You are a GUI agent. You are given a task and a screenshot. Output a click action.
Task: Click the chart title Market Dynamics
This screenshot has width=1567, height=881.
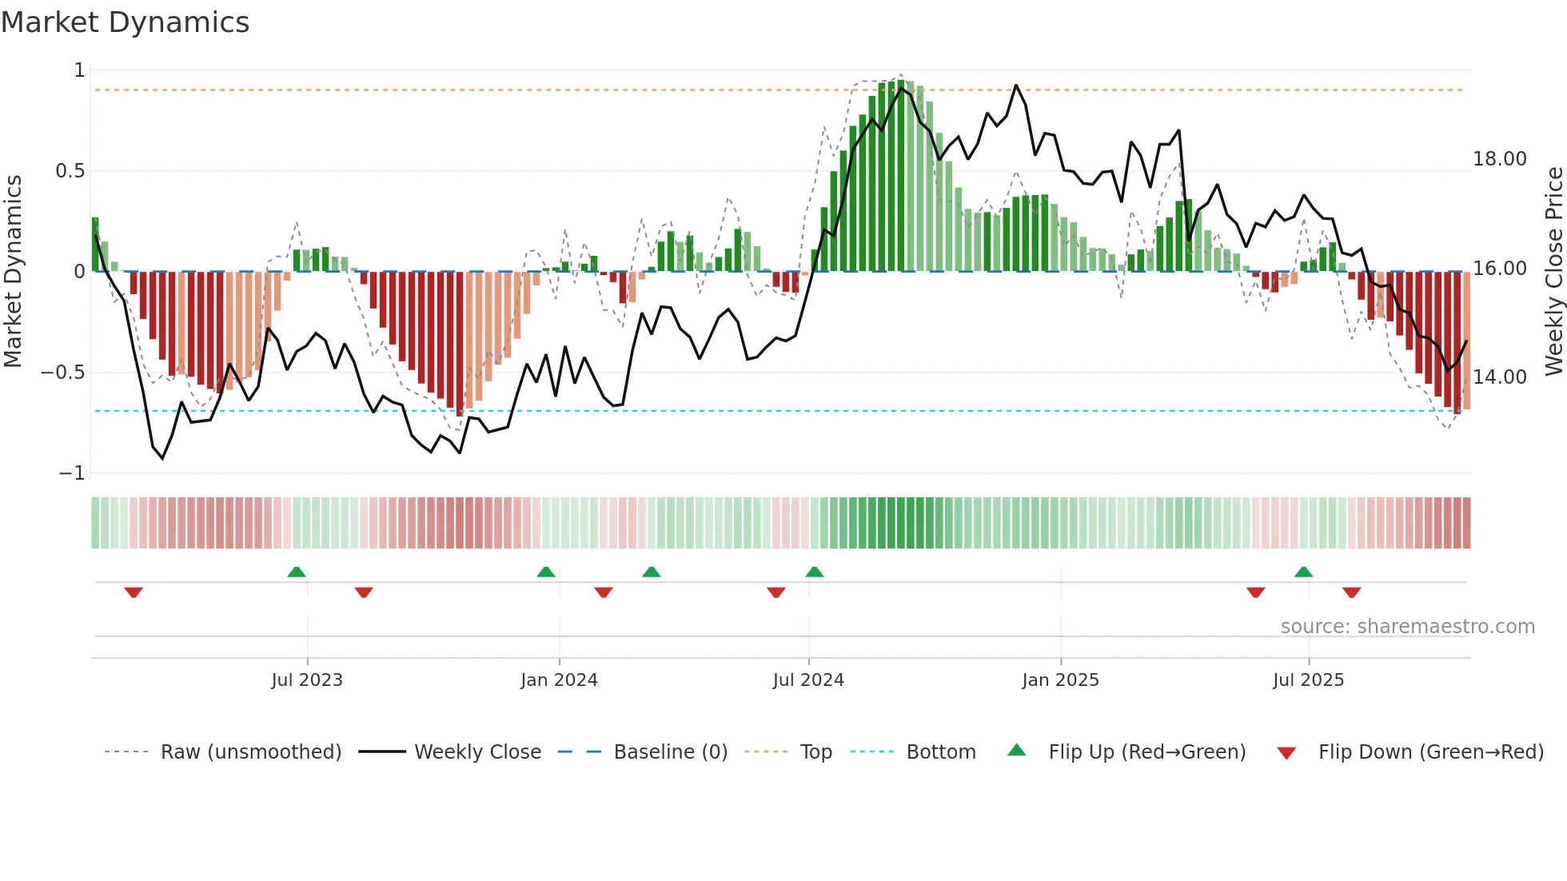click(x=125, y=22)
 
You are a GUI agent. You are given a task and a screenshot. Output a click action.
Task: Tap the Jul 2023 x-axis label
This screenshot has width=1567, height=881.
click(x=307, y=680)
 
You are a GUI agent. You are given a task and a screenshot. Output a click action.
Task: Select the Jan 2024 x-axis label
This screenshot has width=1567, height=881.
click(x=559, y=680)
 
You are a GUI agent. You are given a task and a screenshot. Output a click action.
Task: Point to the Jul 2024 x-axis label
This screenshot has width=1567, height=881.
click(x=808, y=680)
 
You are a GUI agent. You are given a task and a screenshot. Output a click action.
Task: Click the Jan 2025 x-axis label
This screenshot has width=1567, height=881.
click(x=1060, y=680)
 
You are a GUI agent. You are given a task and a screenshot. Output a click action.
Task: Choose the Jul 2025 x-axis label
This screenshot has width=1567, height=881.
click(x=1308, y=680)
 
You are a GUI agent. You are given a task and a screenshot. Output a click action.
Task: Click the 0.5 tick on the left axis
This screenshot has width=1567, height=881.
click(x=70, y=171)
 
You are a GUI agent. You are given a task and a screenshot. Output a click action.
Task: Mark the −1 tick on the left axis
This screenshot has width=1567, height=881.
click(x=71, y=473)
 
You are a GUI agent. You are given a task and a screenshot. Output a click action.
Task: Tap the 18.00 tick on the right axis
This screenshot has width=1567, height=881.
click(x=1499, y=159)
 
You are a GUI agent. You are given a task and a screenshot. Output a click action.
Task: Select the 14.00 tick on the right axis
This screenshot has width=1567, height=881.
click(x=1499, y=377)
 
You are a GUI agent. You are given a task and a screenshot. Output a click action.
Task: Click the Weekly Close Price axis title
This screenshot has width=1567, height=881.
click(x=1553, y=271)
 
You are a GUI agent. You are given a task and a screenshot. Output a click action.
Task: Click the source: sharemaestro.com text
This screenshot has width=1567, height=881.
click(x=1407, y=627)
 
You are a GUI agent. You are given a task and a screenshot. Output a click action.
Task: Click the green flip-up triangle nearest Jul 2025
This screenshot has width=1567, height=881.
click(x=1303, y=572)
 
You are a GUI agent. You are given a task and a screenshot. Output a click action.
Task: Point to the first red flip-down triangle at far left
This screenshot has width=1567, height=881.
click(x=134, y=592)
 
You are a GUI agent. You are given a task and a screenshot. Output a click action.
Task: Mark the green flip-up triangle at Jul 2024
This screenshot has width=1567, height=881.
click(x=814, y=572)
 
